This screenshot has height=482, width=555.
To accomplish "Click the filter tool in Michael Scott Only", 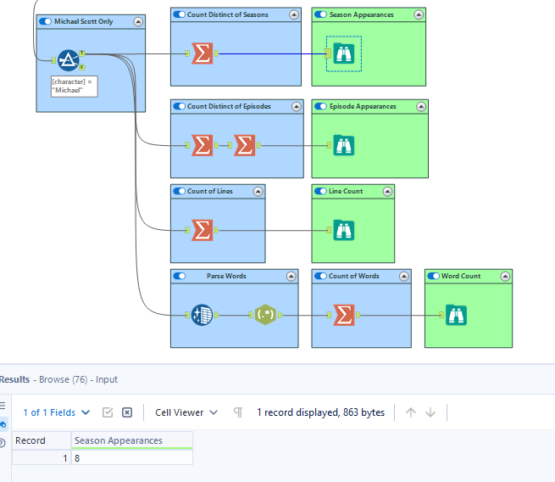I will pos(69,59).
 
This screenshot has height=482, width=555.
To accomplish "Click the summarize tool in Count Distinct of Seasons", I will pos(202,53).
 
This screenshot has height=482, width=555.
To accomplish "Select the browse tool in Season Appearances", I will pos(343,53).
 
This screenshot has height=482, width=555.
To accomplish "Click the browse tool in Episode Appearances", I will pos(343,145).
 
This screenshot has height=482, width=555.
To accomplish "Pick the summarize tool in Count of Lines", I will pos(202,230).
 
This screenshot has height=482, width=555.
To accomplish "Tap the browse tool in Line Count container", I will pos(343,230).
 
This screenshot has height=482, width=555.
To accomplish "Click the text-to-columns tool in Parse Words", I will pos(202,315).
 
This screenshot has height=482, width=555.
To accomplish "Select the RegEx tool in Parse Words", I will pos(265,315).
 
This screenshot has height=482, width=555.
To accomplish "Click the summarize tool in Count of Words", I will pos(343,315).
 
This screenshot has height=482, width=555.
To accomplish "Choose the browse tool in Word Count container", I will pos(456,315).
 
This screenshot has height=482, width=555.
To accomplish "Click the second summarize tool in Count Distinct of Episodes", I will pos(244,145).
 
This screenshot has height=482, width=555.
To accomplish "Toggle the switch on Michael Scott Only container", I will pos(46,21).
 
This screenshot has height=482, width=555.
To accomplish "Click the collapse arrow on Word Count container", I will pos(505,276).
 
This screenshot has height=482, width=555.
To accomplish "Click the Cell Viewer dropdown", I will pos(186,412).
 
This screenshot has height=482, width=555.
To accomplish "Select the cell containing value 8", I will pos(132,458).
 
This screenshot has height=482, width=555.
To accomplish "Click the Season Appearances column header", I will pos(132,440).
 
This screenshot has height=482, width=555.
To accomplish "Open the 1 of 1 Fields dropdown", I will pos(56,412).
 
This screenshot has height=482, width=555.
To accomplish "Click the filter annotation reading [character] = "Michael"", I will pos(73,86).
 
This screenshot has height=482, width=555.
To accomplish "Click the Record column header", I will pos(31,440).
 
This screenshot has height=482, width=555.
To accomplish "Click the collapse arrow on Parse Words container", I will pos(291,276).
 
